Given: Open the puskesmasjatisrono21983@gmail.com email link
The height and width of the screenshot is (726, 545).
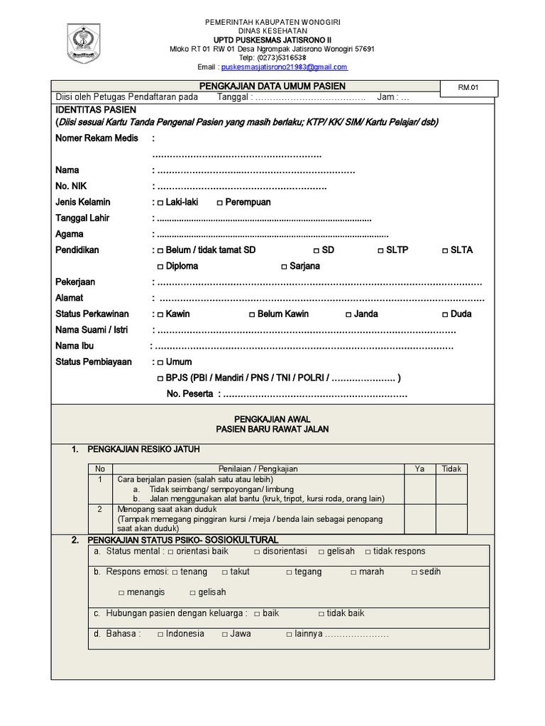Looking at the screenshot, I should pyautogui.click(x=284, y=67).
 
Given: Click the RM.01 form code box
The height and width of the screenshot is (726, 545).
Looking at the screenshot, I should pyautogui.click(x=470, y=88).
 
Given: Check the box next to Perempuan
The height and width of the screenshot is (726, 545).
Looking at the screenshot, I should pyautogui.click(x=219, y=203).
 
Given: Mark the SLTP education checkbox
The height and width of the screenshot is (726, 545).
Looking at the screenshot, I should pyautogui.click(x=380, y=250).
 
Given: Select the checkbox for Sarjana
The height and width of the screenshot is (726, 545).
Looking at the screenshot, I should pyautogui.click(x=284, y=267).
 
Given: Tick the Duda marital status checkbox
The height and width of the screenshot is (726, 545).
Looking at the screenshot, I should pyautogui.click(x=444, y=314).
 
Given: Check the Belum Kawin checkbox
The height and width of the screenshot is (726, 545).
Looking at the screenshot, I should pyautogui.click(x=252, y=314).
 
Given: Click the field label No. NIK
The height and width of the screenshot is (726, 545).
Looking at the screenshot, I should pyautogui.click(x=70, y=186).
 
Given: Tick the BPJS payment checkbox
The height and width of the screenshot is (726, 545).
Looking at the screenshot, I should pyautogui.click(x=160, y=378).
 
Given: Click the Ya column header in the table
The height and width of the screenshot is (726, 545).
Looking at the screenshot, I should pyautogui.click(x=419, y=469).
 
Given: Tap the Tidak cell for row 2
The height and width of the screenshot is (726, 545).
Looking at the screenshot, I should pyautogui.click(x=451, y=519).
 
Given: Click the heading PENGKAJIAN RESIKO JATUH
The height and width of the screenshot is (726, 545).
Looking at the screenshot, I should pyautogui.click(x=143, y=449).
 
